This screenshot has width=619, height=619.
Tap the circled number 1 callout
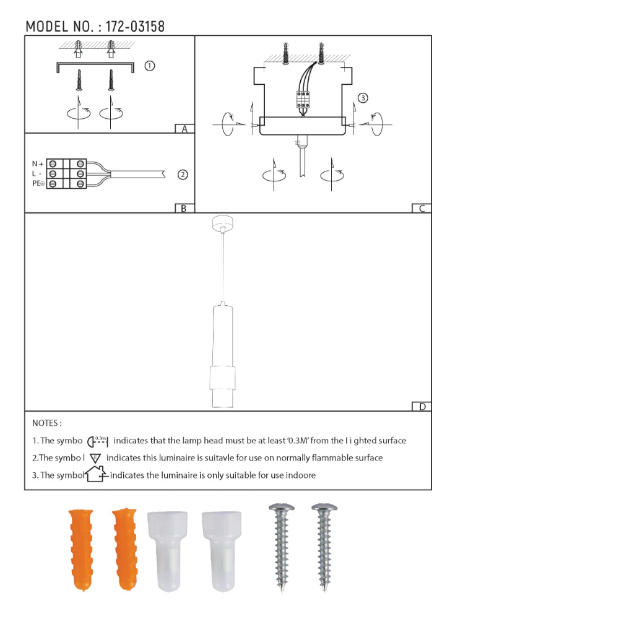click(x=149, y=66)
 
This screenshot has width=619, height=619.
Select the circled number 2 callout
click(x=183, y=175)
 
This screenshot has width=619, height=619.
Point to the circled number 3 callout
click(x=363, y=98)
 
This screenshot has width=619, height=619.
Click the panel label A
click(x=184, y=129)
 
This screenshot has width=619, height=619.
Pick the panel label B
click(x=184, y=209)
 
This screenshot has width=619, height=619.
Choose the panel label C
click(x=422, y=209)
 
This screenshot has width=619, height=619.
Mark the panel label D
click(x=422, y=407)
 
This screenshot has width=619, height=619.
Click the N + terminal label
click(x=38, y=164)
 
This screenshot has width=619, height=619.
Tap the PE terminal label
click(x=38, y=184)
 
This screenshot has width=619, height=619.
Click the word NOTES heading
click(x=46, y=423)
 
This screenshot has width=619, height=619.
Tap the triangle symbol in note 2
click(x=95, y=459)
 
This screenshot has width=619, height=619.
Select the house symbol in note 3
click(x=95, y=475)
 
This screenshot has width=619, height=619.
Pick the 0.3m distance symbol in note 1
click(x=98, y=441)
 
